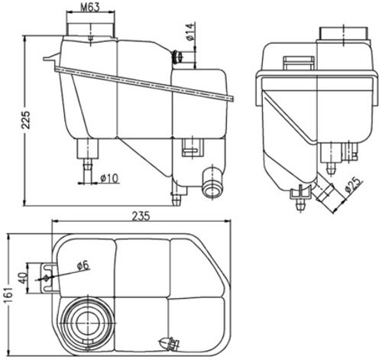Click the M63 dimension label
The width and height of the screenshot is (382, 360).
point(92,9)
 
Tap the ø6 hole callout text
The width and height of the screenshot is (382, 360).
point(83,265)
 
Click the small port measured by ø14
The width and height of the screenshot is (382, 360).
point(180,57)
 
